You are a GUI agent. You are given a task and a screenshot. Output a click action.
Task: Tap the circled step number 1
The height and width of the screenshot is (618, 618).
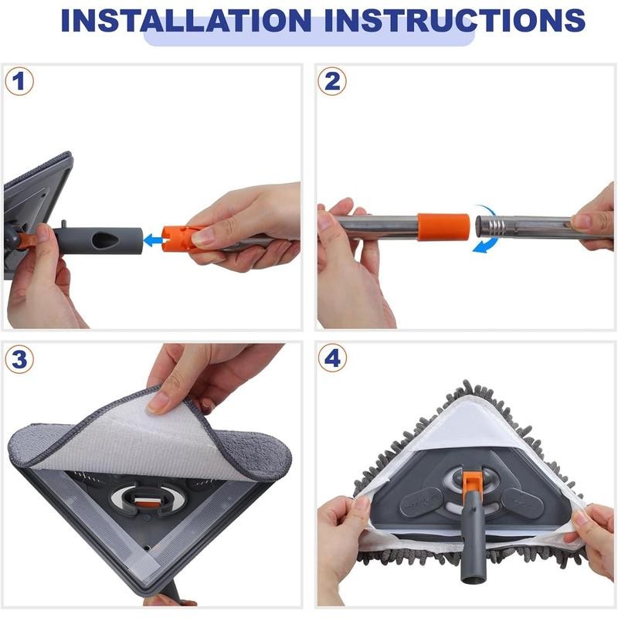[x=20, y=81]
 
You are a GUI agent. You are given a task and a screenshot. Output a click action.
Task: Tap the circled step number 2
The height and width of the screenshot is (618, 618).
[x=332, y=81]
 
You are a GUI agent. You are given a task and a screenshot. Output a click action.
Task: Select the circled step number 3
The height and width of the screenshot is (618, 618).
[x=20, y=358]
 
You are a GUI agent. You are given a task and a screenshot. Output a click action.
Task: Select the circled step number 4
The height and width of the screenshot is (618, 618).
[x=332, y=358]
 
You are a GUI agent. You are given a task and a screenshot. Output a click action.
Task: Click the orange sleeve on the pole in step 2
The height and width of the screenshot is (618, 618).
[x=443, y=226]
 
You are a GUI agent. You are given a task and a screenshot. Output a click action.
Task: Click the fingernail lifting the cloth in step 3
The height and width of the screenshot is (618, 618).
[x=159, y=401]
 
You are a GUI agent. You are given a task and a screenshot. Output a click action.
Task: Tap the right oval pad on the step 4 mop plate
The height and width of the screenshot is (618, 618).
[x=522, y=502]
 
